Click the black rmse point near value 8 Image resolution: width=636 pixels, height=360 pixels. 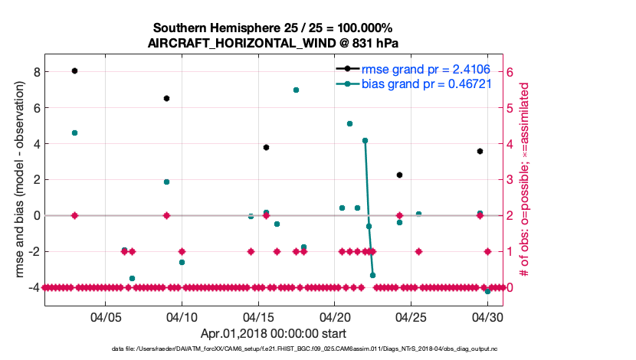(74, 70)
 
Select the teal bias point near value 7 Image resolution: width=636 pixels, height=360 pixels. (296, 90)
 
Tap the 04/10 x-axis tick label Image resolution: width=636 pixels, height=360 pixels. (182, 316)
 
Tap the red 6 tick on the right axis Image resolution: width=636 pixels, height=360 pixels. (510, 72)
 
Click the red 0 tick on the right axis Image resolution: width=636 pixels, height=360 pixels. (510, 287)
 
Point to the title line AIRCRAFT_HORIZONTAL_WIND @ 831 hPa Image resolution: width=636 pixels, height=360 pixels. (272, 43)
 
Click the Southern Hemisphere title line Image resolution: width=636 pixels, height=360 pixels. (272, 28)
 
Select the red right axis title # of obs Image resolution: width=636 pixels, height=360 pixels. (526, 181)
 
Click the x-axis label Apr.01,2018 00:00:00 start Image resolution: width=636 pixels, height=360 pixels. (274, 333)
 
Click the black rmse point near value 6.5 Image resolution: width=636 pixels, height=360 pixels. (166, 98)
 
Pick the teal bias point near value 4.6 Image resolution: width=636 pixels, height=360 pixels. (74, 133)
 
